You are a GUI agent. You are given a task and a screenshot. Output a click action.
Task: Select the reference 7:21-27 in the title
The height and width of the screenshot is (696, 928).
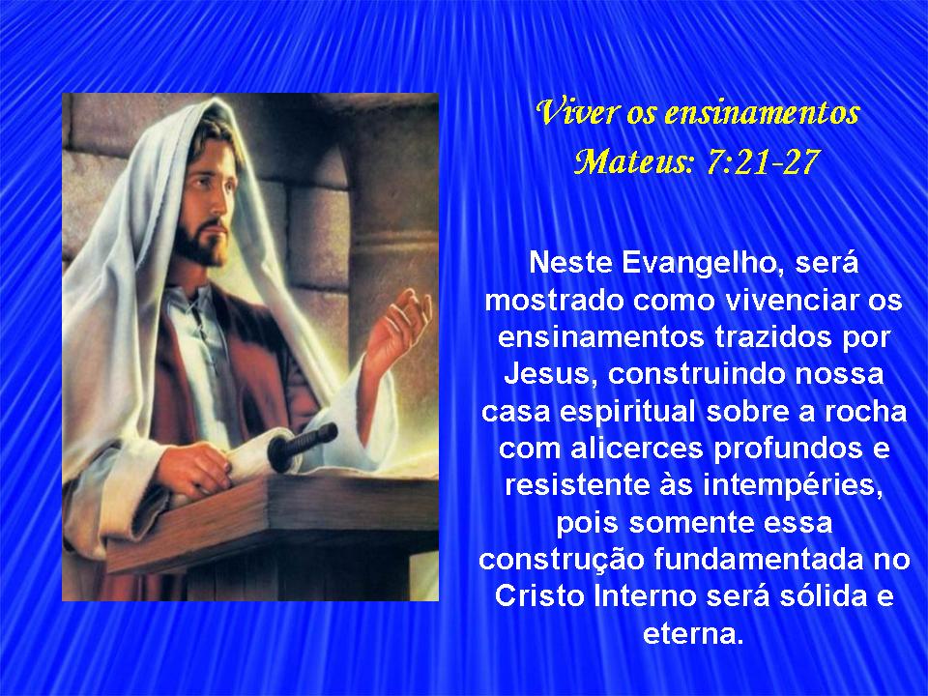click(763, 160)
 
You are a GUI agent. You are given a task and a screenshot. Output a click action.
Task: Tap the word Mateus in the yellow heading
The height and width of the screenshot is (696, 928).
click(632, 160)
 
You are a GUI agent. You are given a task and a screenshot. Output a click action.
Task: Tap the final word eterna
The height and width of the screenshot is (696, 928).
click(692, 634)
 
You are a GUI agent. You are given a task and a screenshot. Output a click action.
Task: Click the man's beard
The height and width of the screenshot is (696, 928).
click(201, 244)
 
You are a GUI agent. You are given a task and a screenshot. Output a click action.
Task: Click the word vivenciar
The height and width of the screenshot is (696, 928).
click(788, 301)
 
